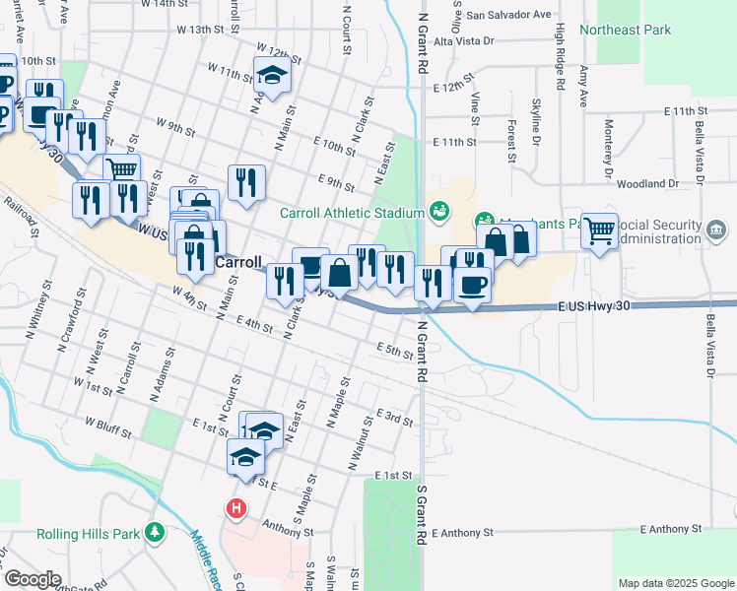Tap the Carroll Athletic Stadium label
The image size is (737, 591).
click(x=352, y=212)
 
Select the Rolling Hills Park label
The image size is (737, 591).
click(x=89, y=534)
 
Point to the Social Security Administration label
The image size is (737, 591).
click(x=659, y=230)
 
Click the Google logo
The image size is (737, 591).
click(x=32, y=579)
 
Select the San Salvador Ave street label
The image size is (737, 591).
click(x=508, y=15)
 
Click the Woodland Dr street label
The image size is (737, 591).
click(x=648, y=183)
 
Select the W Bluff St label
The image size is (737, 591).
click(x=114, y=423)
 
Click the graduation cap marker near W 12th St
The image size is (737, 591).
click(x=272, y=74)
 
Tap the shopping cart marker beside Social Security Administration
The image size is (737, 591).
click(x=599, y=232)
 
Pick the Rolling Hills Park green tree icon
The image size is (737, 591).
click(x=154, y=534)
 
